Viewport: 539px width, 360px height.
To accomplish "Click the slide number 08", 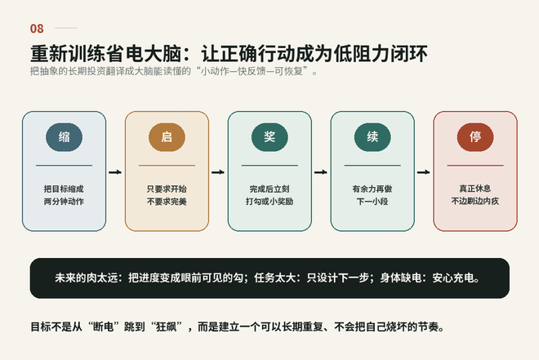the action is pyautogui.click(x=37, y=29).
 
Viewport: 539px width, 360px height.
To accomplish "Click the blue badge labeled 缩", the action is pyautogui.click(x=64, y=137).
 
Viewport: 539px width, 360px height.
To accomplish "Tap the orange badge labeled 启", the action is pyautogui.click(x=167, y=137).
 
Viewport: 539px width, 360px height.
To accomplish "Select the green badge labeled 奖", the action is pyautogui.click(x=269, y=137).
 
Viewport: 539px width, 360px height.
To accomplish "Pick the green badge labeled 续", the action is pyautogui.click(x=372, y=137).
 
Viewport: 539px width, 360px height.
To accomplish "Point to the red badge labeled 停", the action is pyautogui.click(x=475, y=137).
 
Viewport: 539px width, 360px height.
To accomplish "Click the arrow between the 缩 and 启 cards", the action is pyautogui.click(x=115, y=172).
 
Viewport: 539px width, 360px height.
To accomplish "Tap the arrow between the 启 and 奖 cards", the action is pyautogui.click(x=218, y=172).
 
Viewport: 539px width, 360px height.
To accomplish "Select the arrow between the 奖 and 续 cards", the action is pyautogui.click(x=321, y=172).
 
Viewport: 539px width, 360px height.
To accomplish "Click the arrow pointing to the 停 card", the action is pyautogui.click(x=424, y=172).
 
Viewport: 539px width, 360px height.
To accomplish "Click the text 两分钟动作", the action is pyautogui.click(x=64, y=202).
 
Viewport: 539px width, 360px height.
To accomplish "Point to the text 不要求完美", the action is pyautogui.click(x=167, y=202).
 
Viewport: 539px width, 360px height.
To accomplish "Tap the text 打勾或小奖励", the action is pyautogui.click(x=269, y=202).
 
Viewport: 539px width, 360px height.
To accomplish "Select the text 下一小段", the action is pyautogui.click(x=372, y=202).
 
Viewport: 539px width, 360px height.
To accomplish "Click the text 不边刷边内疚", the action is pyautogui.click(x=475, y=201).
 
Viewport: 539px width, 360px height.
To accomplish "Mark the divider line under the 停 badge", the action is pyautogui.click(x=475, y=165).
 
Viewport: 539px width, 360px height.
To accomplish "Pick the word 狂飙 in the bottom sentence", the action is pyautogui.click(x=167, y=327).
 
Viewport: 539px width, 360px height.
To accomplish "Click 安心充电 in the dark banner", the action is pyautogui.click(x=453, y=278).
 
